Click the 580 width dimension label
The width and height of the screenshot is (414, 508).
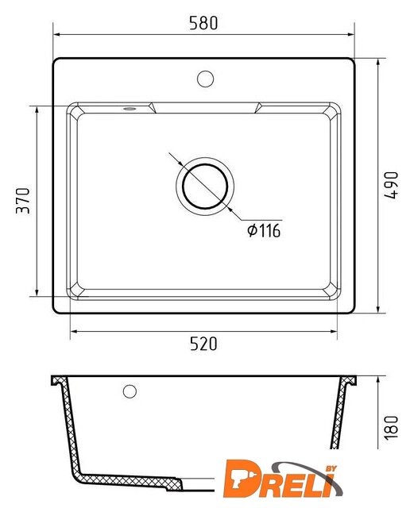point(203,23)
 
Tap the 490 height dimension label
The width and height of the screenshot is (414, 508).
point(391,185)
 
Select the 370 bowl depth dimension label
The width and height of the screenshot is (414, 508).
point(23,201)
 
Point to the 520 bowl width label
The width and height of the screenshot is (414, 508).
point(203,344)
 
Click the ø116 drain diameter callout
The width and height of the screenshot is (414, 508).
point(264,230)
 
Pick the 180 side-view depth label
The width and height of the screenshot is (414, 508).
point(391,428)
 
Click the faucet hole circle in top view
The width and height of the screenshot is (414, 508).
point(205,79)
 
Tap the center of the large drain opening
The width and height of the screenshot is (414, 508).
point(205,187)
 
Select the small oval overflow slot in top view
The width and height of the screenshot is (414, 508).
point(130,109)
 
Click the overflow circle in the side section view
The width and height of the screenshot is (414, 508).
point(130,391)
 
